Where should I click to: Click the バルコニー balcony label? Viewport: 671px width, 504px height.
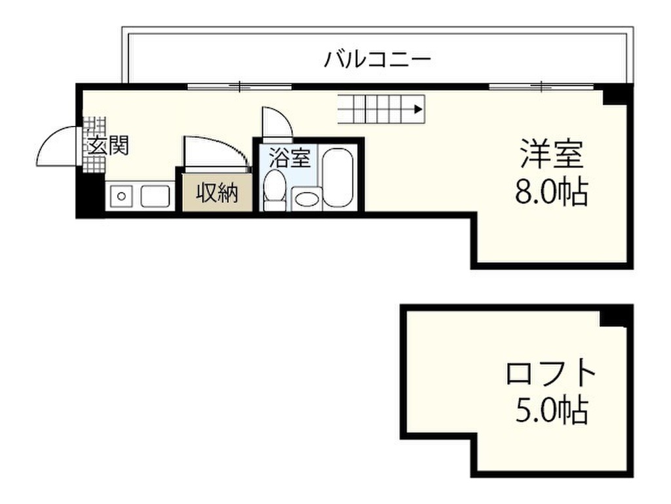pos(378,60)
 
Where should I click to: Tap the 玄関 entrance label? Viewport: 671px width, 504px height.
pos(108,146)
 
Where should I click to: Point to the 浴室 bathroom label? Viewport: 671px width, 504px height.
pos(286,157)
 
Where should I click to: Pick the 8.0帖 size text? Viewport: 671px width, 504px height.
pos(551,192)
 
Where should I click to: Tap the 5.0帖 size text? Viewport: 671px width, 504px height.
pos(551,411)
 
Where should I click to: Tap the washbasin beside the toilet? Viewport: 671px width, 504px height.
pos(307,198)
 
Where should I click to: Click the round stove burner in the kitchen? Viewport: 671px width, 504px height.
pos(119,196)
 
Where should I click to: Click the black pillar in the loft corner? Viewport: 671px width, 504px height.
pos(617,316)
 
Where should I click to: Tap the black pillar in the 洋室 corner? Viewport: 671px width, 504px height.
pos(617,96)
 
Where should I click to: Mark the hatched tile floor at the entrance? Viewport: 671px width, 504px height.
pos(96,129)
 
